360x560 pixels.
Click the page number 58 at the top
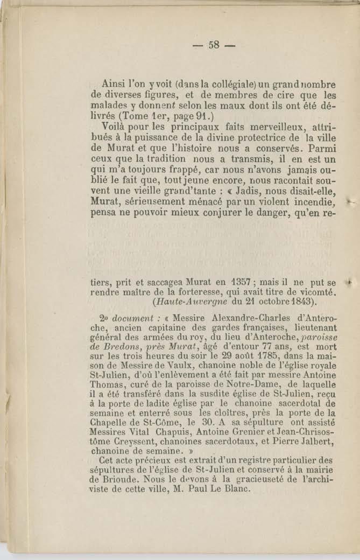pos(214,45)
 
